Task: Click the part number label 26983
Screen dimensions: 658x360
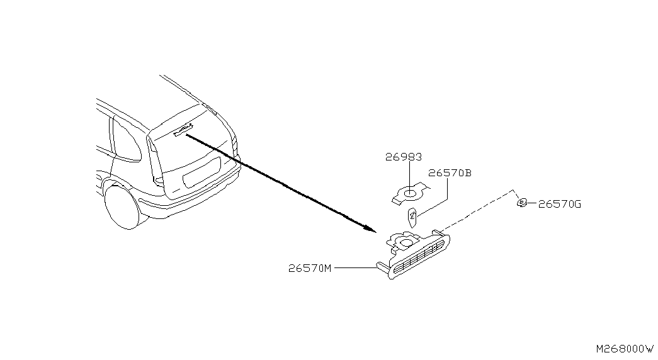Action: click(403, 157)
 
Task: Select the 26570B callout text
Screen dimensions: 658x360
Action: click(450, 173)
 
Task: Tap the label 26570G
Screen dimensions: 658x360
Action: click(559, 205)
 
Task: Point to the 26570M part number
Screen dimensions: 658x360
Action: click(310, 268)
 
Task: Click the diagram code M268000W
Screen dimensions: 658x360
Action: click(625, 349)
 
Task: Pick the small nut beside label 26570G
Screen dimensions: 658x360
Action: click(521, 203)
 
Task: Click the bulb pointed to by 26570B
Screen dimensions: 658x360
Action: click(412, 217)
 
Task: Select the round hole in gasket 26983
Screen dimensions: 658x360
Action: click(410, 193)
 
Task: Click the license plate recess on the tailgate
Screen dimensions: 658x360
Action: click(201, 172)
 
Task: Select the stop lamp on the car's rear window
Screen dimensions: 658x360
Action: click(183, 130)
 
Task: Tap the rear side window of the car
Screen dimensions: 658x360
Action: click(127, 140)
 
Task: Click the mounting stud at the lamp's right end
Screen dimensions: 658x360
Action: click(438, 232)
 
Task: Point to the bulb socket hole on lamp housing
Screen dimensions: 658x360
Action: click(406, 242)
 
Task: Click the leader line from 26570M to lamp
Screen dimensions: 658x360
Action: click(355, 267)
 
